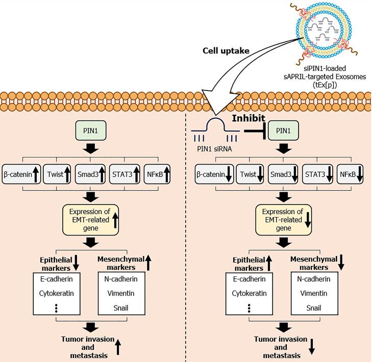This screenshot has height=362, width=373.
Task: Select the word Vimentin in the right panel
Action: [x=313, y=294]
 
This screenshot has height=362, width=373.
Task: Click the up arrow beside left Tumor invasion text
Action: [x=118, y=348]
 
